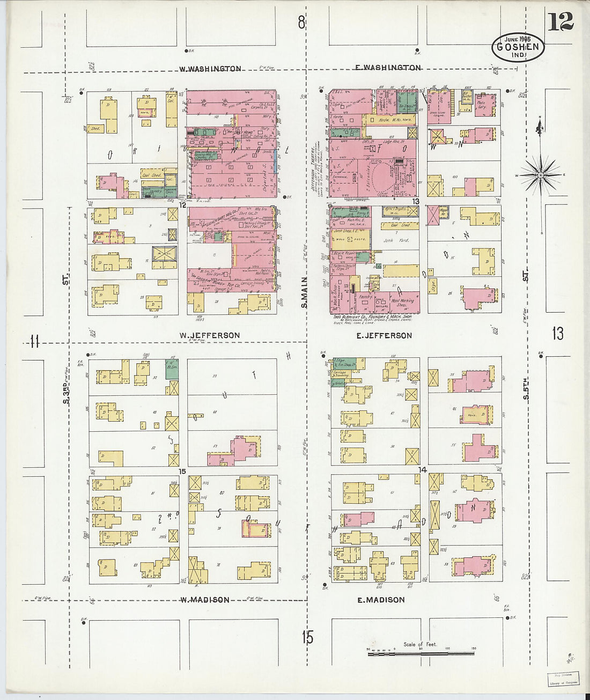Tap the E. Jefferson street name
(x=385, y=336)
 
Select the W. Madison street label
(x=204, y=600)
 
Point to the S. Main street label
(x=304, y=292)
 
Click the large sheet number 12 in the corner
(x=560, y=21)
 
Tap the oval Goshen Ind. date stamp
(x=518, y=47)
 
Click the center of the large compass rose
(x=541, y=175)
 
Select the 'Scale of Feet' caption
(x=420, y=644)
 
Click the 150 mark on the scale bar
(x=473, y=649)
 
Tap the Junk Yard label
(x=396, y=240)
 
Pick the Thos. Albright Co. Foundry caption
(x=374, y=317)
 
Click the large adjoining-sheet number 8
(x=301, y=23)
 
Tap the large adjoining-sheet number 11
(x=35, y=341)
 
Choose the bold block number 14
(x=423, y=470)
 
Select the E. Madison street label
(x=381, y=600)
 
